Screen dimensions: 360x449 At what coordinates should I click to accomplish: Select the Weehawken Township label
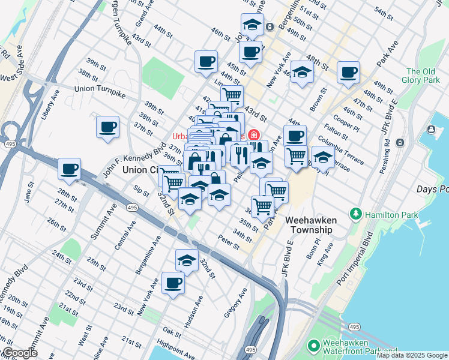309,225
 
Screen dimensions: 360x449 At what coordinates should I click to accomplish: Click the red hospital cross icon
255,134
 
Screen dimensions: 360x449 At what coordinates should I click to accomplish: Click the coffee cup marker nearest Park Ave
348,73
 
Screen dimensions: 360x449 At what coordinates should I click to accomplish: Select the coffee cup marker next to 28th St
70,169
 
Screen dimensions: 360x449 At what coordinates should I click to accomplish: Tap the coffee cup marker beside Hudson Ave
173,283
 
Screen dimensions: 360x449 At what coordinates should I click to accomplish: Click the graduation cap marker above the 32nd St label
187,260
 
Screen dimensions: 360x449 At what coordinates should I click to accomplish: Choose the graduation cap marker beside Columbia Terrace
323,158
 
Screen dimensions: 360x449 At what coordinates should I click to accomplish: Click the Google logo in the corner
19,353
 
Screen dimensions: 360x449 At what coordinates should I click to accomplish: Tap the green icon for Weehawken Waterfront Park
313,346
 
